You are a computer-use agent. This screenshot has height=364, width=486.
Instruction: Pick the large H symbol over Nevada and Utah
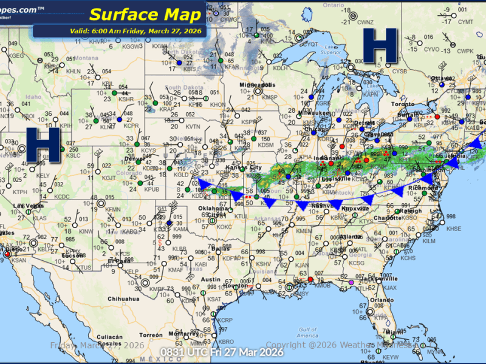(x=43, y=144)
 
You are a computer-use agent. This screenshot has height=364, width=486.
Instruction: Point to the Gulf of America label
(x=308, y=332)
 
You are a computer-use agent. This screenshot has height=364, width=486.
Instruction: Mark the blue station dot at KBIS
(x=180, y=62)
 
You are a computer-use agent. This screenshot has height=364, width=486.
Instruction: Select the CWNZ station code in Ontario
(x=365, y=22)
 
